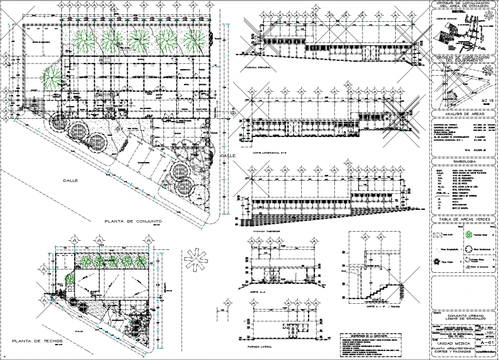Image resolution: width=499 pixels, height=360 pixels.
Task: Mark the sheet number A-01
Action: (488, 343)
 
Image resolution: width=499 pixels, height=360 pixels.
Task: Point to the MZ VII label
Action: (486, 101)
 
